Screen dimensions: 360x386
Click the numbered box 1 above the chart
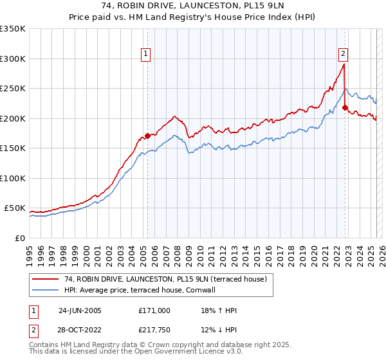[147, 54]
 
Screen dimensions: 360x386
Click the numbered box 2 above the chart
[344, 54]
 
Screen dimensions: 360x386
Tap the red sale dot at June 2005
[147, 136]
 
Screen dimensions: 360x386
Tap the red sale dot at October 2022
[345, 108]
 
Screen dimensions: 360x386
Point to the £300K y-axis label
[13, 59]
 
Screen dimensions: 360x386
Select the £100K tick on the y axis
[13, 178]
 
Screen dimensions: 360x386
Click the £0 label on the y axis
[19, 238]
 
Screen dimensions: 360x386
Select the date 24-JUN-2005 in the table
[80, 310]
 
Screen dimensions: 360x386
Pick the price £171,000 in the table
[154, 310]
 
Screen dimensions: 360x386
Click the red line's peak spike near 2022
[344, 64]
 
